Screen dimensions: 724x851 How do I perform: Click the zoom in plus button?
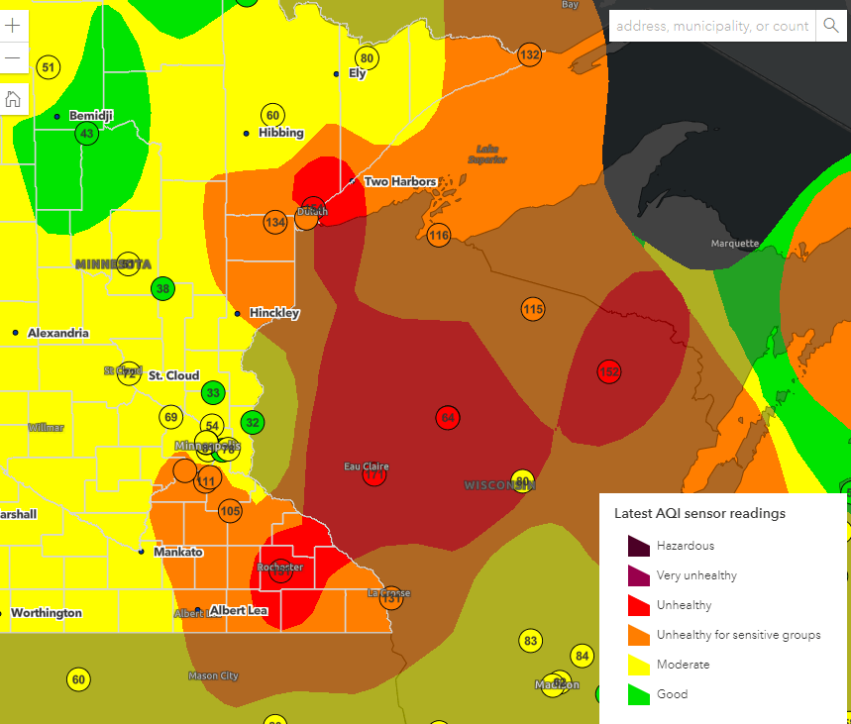pyautogui.click(x=13, y=26)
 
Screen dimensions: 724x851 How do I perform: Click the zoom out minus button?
pyautogui.click(x=13, y=58)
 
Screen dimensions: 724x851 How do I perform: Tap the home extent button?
pyautogui.click(x=13, y=98)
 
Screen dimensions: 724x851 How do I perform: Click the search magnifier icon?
pyautogui.click(x=830, y=26)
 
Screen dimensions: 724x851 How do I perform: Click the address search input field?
pyautogui.click(x=711, y=26)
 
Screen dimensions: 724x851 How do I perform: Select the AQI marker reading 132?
pyautogui.click(x=530, y=54)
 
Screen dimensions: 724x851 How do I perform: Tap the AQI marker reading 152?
pyautogui.click(x=609, y=371)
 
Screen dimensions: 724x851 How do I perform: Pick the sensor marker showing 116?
pyautogui.click(x=439, y=235)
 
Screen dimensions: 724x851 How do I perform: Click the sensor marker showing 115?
pyautogui.click(x=533, y=309)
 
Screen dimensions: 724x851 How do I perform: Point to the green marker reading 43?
pyautogui.click(x=87, y=134)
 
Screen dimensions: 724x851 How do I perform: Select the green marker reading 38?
pyautogui.click(x=163, y=289)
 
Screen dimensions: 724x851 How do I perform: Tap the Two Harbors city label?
pyautogui.click(x=400, y=181)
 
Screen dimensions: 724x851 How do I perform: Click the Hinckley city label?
pyautogui.click(x=274, y=313)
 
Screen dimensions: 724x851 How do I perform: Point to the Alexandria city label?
pyautogui.click(x=57, y=333)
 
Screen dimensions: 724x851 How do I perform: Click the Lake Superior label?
pyautogui.click(x=486, y=154)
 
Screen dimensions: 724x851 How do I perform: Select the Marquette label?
pyautogui.click(x=734, y=243)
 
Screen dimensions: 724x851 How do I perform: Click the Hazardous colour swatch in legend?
pyautogui.click(x=637, y=546)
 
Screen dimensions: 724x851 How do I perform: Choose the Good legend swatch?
pyautogui.click(x=637, y=694)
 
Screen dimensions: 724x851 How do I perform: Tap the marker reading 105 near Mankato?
pyautogui.click(x=230, y=511)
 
